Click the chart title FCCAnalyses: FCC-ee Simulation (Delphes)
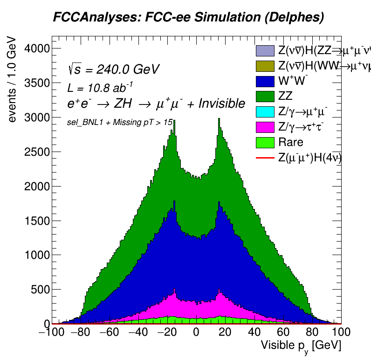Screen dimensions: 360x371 [188, 17]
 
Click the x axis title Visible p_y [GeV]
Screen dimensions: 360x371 [301, 346]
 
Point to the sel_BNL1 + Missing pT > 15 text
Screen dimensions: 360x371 [120, 122]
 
